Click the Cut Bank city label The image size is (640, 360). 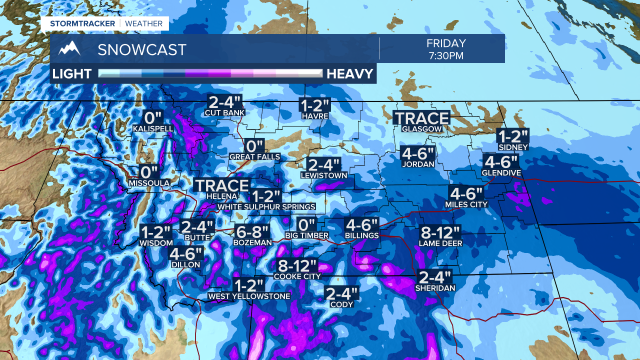pos(224,112)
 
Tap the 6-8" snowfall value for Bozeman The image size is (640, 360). pos(252,232)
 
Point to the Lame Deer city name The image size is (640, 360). pos(440,243)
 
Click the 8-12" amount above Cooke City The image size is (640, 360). pos(297,265)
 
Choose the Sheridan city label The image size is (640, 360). pos(435,288)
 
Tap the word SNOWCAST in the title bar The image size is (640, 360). pos(142,49)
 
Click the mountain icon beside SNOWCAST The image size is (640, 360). pos(69,49)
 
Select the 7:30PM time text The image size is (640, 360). pos(446,55)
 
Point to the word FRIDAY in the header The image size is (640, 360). pos(446,43)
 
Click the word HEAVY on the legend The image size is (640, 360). pos(350,74)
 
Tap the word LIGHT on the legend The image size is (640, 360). pos(72,74)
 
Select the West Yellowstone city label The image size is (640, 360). pos(249,296)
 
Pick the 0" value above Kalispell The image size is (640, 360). pos(153,118)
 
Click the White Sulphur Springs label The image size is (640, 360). pos(266,206)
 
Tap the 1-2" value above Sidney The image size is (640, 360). pos(513,136)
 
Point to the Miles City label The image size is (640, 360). pos(466,204)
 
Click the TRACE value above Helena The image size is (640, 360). pos(221,185)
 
